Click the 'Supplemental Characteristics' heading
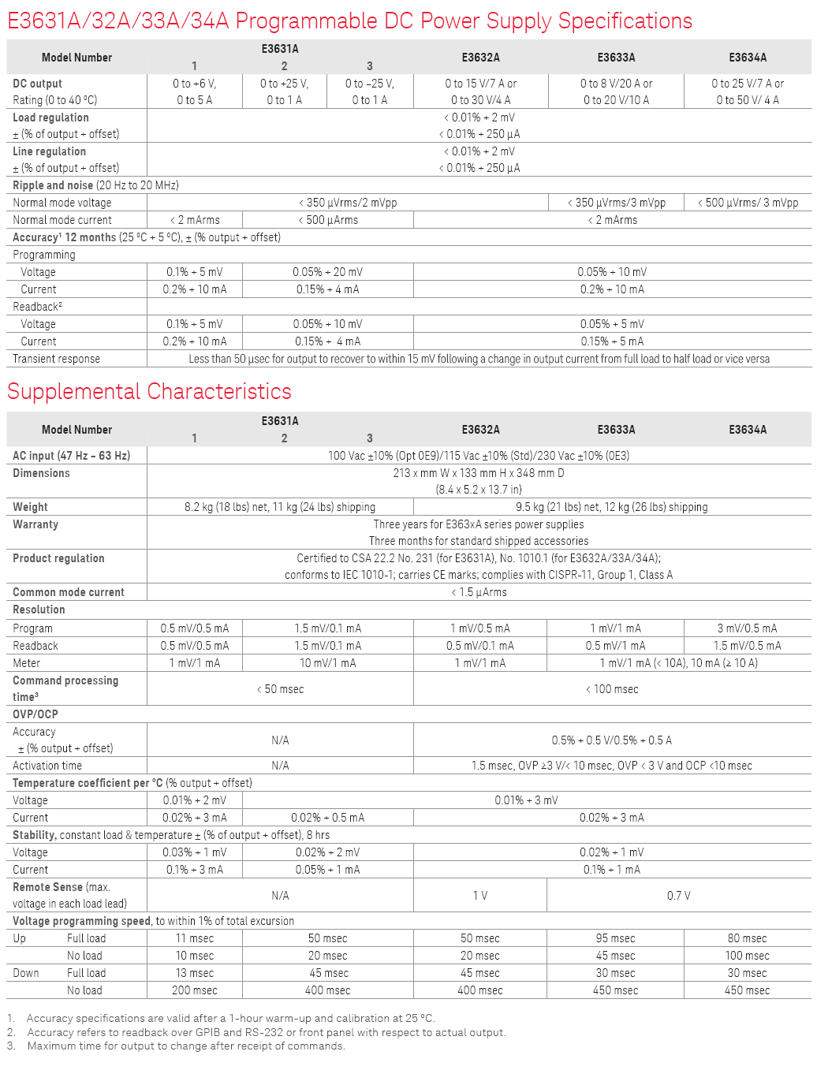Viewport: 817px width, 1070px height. coord(149,392)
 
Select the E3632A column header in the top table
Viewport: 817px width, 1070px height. coord(480,58)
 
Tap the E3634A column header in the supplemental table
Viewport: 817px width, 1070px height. coord(747,430)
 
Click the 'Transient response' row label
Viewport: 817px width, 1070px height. coord(57,359)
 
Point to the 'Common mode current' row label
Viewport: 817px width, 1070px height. coord(69,592)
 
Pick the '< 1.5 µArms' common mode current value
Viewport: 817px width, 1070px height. coord(479,592)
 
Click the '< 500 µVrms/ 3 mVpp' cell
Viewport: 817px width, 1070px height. coord(748,203)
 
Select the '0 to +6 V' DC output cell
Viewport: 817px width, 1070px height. coord(194,84)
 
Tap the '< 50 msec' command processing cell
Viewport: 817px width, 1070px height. coord(280,689)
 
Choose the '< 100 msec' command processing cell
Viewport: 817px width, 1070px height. coord(612,689)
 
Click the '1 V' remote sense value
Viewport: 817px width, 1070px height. coord(479,896)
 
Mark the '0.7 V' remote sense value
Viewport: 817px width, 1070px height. coord(678,896)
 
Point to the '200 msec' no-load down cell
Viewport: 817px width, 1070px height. coord(194,990)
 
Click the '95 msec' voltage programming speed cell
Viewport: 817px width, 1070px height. coord(615,938)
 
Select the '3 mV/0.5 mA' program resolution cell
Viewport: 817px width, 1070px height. coord(747,628)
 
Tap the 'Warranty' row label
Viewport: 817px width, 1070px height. coord(35,524)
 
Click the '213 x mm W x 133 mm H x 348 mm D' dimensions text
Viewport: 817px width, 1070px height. coord(479,473)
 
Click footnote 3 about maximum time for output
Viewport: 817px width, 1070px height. coord(186,1046)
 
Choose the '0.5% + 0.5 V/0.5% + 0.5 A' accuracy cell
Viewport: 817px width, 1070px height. coord(612,740)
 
